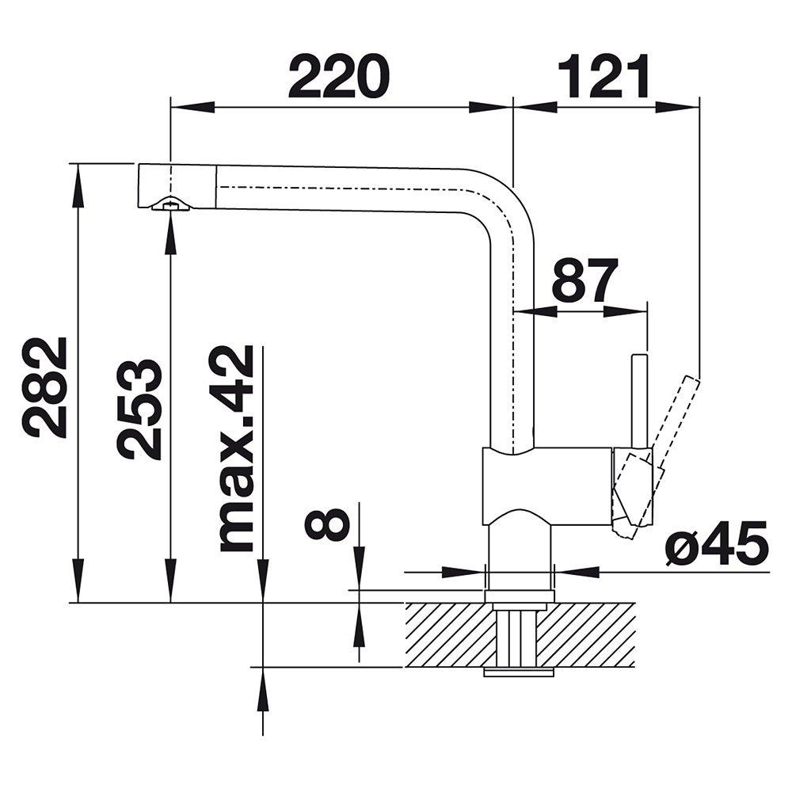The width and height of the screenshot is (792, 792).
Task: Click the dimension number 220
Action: click(x=340, y=76)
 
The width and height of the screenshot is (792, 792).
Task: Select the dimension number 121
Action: click(x=604, y=76)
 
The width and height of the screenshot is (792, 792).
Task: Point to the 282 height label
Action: click(x=45, y=387)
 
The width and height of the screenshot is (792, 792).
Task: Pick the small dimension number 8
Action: click(x=327, y=524)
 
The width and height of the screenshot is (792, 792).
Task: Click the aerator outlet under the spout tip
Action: click(x=170, y=204)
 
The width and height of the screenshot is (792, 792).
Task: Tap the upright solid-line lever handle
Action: click(x=640, y=404)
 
